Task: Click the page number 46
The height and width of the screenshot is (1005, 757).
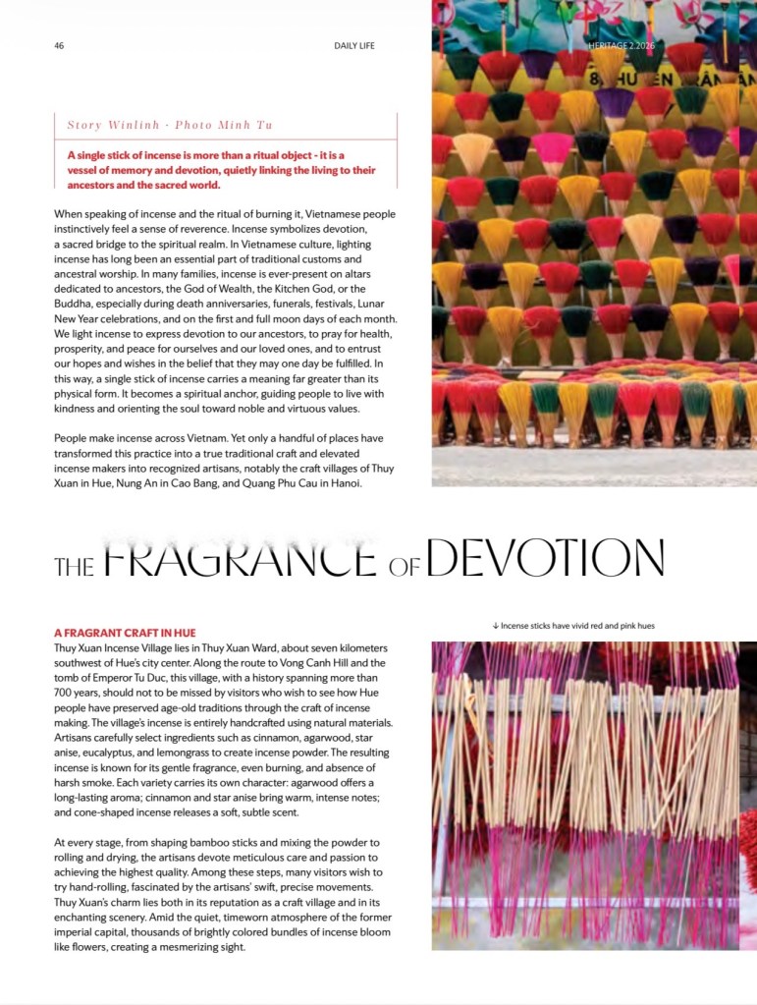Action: [x=59, y=45]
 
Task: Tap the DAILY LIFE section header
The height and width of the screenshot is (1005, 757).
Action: [x=354, y=45]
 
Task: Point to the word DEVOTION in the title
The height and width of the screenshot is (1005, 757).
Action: [x=546, y=558]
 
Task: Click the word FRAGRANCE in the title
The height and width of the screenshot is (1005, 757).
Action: [x=240, y=558]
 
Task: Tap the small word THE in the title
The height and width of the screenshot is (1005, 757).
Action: [x=75, y=565]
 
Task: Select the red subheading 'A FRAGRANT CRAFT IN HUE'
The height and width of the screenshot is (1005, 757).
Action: [x=125, y=633]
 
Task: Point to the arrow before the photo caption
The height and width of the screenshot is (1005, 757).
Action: [x=496, y=626]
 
